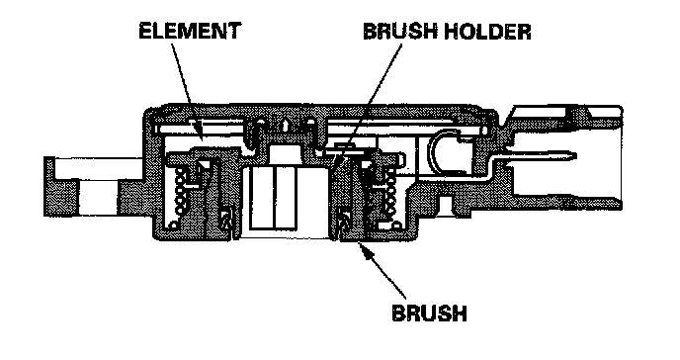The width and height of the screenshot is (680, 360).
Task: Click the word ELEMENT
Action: point(190,31)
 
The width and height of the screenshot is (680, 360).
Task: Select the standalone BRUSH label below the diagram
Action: point(429,313)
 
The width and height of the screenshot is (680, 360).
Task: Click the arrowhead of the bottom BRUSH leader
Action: point(365,250)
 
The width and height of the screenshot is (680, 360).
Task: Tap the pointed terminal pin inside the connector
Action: point(542,155)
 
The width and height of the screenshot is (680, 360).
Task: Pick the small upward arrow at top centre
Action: point(284,125)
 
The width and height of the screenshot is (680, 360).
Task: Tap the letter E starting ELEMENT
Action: point(145,31)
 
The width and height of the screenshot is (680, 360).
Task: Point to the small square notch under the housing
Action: point(445,204)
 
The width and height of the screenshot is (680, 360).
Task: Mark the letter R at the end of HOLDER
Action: point(524,32)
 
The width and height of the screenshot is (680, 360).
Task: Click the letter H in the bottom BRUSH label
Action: point(460,313)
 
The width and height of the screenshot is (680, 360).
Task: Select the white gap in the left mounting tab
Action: point(98,198)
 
